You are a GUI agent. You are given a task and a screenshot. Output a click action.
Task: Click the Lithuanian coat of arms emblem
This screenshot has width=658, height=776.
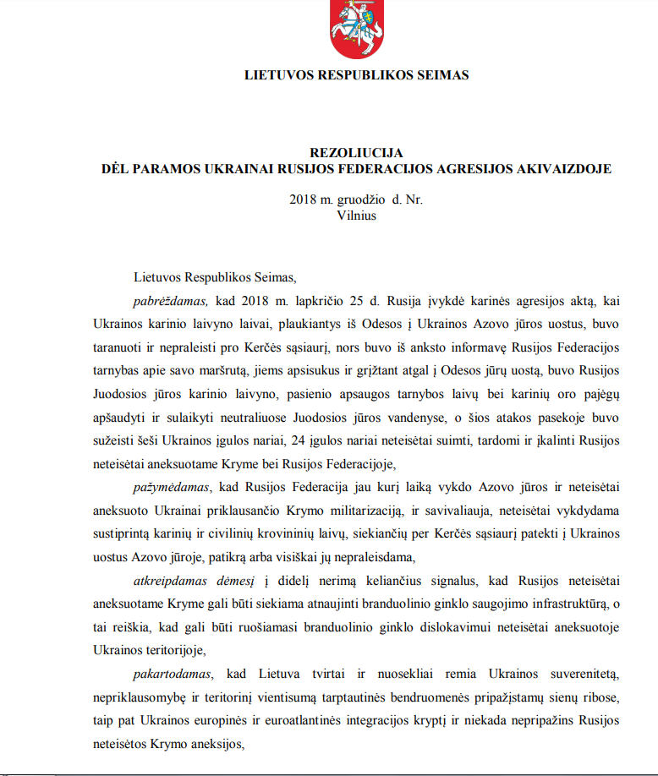point(356,30)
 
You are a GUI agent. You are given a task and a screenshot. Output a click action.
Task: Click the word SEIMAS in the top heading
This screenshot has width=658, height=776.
point(441,75)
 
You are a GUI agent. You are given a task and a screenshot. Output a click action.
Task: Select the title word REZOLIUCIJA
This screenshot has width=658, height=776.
point(355,153)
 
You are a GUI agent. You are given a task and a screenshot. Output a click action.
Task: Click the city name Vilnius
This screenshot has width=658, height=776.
point(356,215)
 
